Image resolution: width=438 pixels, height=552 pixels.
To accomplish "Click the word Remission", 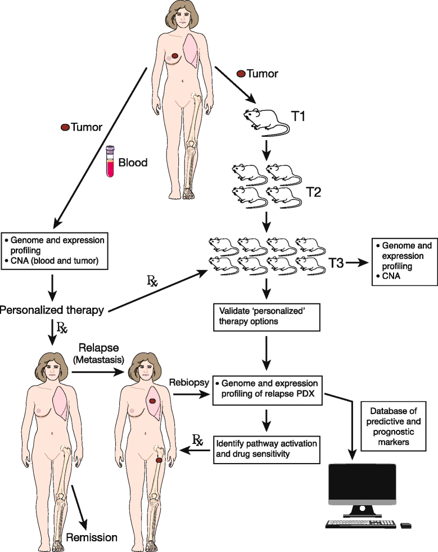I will pos(92,537).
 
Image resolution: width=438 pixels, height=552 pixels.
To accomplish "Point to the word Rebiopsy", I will pos(189,383).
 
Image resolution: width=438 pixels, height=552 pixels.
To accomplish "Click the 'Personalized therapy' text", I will pos(51,309).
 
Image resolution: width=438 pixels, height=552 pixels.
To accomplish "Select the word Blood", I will pos(134,163).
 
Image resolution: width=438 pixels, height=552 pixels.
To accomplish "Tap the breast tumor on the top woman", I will pos(175,56).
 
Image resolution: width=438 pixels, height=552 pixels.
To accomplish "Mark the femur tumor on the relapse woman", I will pos(159,460).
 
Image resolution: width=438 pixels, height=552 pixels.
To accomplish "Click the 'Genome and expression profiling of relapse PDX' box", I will pos(267,388).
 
